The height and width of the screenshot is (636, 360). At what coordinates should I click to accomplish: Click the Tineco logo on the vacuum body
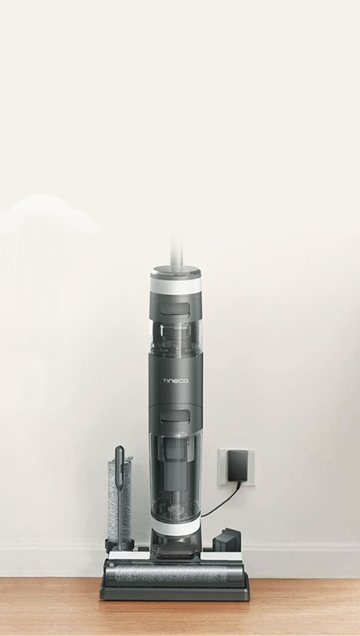pos(175,380)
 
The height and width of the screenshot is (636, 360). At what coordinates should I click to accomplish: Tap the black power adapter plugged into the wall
pos(237,466)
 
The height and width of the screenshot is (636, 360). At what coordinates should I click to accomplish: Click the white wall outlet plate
pos(237,467)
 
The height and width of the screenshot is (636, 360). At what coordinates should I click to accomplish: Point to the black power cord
pos(222,501)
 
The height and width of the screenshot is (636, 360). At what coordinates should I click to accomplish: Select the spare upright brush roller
pos(119,500)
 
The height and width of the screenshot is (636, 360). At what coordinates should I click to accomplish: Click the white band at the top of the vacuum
pos(176,285)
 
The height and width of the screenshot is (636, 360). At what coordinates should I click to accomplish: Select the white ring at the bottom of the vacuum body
pos(176,527)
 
